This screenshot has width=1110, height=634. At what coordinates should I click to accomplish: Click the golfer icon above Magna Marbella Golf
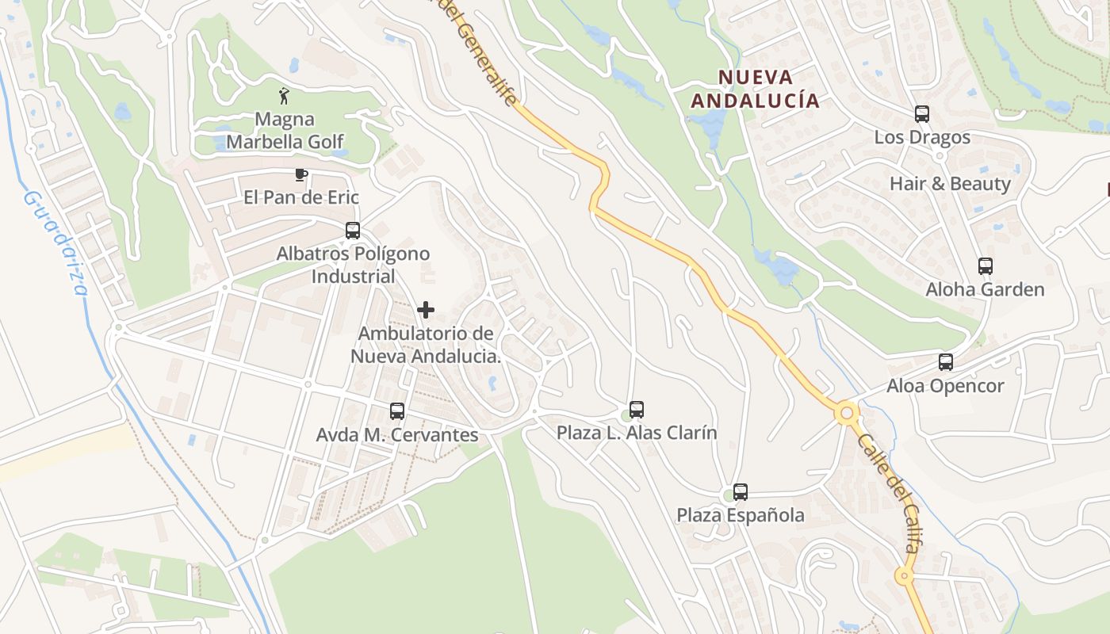pos(284,96)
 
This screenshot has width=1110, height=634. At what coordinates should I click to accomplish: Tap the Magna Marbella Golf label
pos(285,131)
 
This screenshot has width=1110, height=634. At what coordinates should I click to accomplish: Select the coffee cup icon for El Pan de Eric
pos(300,174)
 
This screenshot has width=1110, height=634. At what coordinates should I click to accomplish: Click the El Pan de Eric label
pos(301,197)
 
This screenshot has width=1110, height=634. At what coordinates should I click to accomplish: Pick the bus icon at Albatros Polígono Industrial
pos(353,231)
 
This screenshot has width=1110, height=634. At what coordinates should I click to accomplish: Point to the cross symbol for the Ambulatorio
pos(426,310)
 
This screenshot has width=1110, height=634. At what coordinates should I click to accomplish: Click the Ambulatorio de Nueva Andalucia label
pos(426,345)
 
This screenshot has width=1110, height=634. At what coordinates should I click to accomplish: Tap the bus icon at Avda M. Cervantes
pos(397,411)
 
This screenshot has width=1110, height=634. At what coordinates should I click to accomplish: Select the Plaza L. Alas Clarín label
pos(637,433)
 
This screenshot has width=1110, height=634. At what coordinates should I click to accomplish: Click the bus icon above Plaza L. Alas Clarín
pos(637,410)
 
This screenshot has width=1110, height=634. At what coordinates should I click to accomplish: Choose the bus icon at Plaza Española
pos(741,492)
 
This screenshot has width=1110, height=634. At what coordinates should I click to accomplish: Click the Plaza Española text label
pos(741,515)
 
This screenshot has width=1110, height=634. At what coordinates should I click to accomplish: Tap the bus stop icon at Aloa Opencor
pos(946,362)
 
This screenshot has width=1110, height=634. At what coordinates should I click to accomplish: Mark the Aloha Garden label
pos(986,289)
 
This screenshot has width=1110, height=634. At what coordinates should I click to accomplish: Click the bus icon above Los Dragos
pos(922,114)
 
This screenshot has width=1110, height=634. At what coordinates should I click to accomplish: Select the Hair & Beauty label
pos(950,184)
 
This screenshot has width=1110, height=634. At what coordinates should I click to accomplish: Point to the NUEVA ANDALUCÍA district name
pos(755,89)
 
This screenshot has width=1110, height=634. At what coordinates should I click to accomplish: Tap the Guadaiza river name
pos(55,242)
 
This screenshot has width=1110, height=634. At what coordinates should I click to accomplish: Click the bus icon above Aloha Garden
pos(986,266)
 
